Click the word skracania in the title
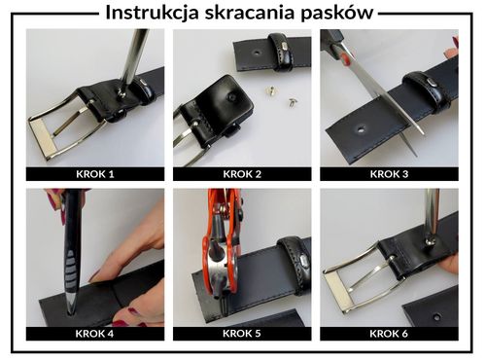point(260,14)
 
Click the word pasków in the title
point(341,14)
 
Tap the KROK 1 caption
point(94,175)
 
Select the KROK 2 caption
point(242,175)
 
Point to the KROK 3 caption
point(389,175)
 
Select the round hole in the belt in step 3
point(362,127)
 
